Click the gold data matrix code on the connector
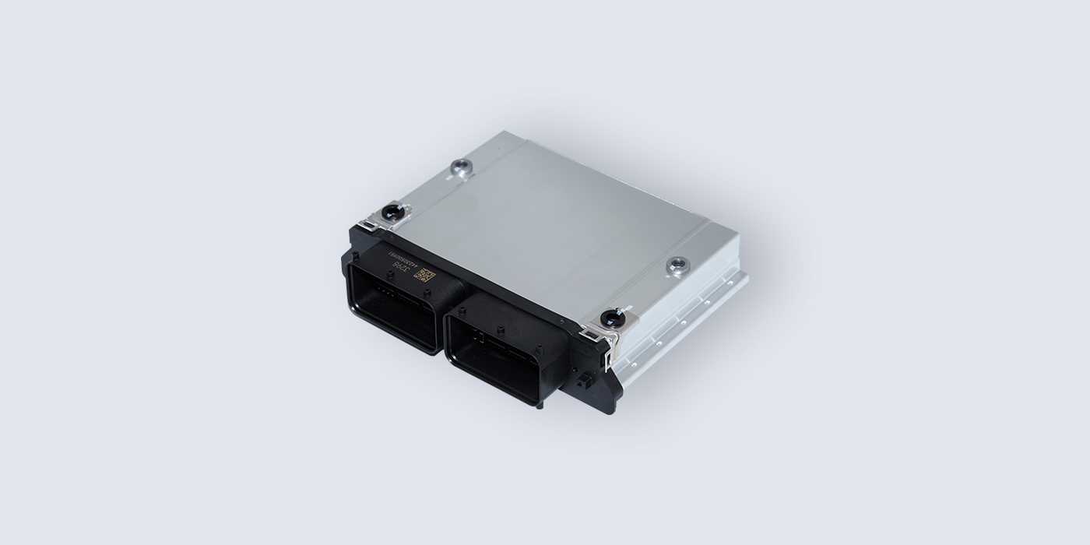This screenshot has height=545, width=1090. coord(426,275)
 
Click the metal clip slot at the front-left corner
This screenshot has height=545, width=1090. coord(376,226)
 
